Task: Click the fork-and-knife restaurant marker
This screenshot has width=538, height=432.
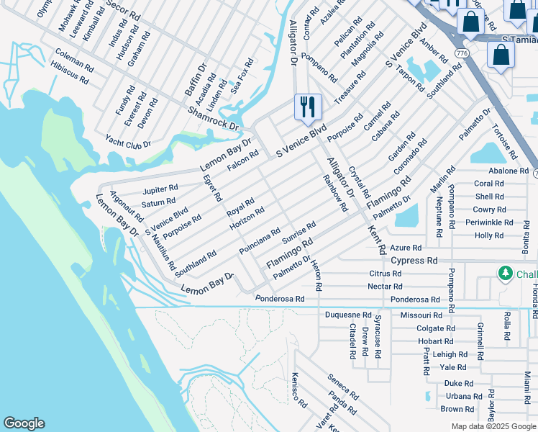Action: point(307,107)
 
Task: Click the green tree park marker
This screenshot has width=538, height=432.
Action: point(506,274)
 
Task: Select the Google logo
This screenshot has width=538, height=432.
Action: point(24,423)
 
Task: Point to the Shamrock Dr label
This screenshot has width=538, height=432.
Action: point(213,118)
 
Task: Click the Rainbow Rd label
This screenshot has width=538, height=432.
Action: point(335,193)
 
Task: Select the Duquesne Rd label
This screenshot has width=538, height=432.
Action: point(348,315)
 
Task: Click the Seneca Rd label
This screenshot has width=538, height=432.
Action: point(343,387)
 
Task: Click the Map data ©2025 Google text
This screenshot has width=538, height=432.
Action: point(493,426)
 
